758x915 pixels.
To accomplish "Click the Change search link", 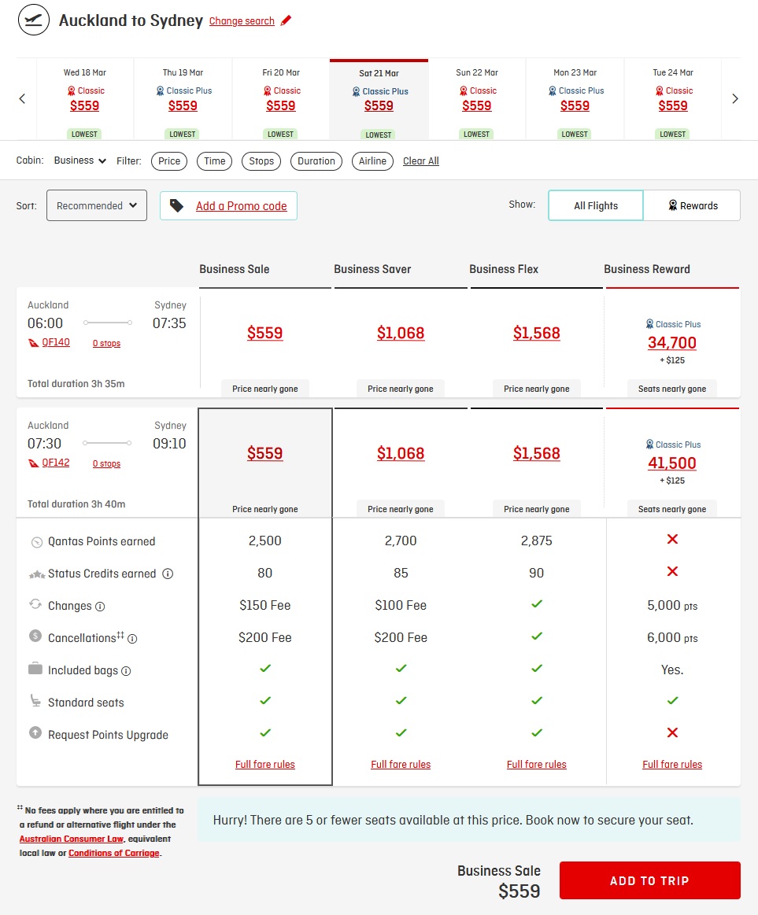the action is click(x=242, y=21).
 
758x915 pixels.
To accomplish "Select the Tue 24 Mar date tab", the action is click(x=673, y=98).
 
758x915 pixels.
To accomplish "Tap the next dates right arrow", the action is click(x=735, y=98).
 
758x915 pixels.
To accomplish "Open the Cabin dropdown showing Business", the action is click(x=80, y=160).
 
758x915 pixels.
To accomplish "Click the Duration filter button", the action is click(x=316, y=161).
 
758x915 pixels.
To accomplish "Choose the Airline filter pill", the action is click(x=372, y=161).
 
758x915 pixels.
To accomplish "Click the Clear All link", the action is click(x=421, y=161).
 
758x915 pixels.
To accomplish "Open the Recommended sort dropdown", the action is click(x=96, y=205).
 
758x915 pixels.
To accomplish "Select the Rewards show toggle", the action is click(x=692, y=205).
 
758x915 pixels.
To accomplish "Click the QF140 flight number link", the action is click(x=55, y=342).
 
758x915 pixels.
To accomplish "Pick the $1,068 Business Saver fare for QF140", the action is click(x=401, y=334).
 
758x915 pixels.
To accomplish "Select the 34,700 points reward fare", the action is click(x=672, y=342).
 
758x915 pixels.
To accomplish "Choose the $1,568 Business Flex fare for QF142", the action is click(x=537, y=453).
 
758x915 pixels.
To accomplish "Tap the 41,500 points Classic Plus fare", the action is click(x=672, y=463).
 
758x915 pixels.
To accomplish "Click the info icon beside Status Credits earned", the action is click(x=168, y=574).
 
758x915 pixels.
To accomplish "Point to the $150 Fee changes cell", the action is click(x=265, y=605).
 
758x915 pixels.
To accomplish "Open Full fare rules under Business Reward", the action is click(x=672, y=765).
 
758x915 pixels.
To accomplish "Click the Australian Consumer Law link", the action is click(x=72, y=839).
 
